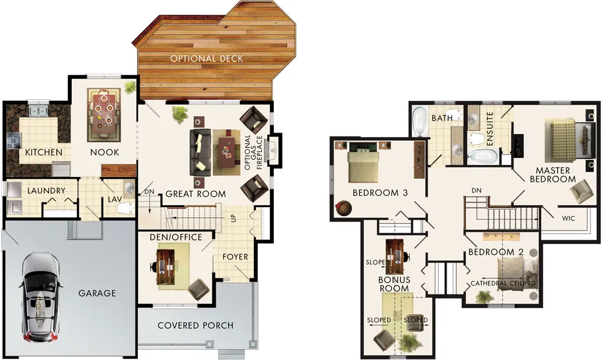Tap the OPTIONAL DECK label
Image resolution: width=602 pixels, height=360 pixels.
coord(206,59)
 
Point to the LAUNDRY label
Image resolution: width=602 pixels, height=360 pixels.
coord(46,191)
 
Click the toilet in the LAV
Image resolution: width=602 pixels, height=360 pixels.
coord(126,208)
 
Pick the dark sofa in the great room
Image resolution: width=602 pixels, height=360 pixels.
coord(200,153)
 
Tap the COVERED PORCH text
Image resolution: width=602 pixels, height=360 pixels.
coord(196,326)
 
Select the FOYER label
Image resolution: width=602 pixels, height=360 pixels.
coord(235,257)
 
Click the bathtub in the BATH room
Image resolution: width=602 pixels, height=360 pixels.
coord(420,121)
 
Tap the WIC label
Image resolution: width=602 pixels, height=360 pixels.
coord(568,219)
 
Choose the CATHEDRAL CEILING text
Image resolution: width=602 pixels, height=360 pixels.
coord(503,283)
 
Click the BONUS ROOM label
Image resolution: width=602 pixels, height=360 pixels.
coord(394,284)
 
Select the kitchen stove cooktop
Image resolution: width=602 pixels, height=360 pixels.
coord(13,140)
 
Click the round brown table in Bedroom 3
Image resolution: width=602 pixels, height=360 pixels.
coord(343,208)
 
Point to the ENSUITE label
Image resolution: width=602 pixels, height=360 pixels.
coord(489,129)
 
